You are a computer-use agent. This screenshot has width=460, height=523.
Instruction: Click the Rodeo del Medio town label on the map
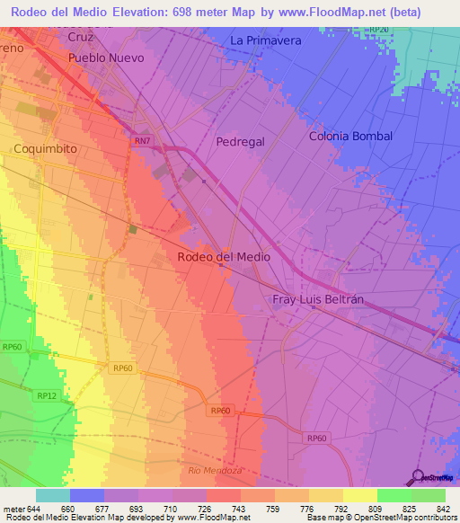point(225,257)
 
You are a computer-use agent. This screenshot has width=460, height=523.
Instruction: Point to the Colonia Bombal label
point(350,137)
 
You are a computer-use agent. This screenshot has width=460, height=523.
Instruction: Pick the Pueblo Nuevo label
point(106,58)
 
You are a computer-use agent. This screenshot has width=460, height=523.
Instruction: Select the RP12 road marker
point(47,396)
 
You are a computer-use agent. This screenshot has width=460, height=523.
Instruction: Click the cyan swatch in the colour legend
point(53,495)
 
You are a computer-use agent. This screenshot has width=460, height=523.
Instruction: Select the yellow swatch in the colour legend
point(360,495)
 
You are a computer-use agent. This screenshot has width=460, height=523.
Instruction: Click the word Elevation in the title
point(156,10)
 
